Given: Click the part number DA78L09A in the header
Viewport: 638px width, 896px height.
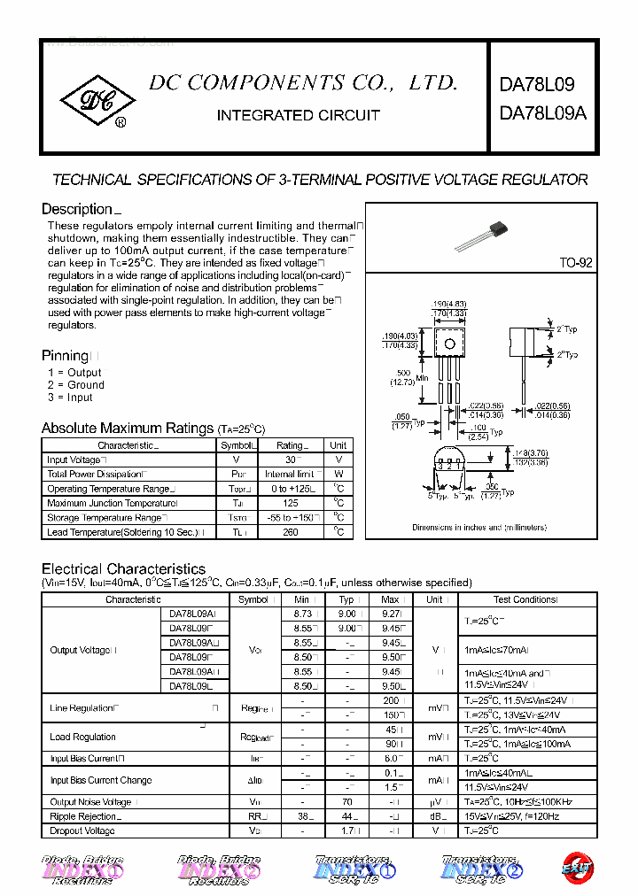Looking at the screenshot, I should point(542,113).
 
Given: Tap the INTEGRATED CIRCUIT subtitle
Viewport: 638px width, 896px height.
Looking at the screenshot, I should point(298,115).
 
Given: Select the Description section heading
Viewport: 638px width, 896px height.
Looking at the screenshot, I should point(77,209).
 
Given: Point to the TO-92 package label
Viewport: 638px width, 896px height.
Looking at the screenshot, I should point(575,263).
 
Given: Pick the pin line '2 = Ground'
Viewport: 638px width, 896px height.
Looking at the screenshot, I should point(75,385).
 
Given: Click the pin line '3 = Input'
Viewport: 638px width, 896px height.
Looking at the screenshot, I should point(70,398).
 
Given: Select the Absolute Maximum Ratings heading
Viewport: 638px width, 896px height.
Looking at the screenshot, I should point(128,428).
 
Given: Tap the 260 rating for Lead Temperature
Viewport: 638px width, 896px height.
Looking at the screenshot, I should point(290,532).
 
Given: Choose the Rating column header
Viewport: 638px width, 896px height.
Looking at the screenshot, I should point(290,445).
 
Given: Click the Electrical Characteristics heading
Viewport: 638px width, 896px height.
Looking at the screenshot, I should point(123,568).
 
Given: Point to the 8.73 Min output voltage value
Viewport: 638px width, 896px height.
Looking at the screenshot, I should point(301,614).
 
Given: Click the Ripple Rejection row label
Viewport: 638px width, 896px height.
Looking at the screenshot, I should point(85,816).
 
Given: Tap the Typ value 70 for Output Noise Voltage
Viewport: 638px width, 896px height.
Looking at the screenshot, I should point(346,802).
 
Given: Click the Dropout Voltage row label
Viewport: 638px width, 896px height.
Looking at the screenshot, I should point(82,830).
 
